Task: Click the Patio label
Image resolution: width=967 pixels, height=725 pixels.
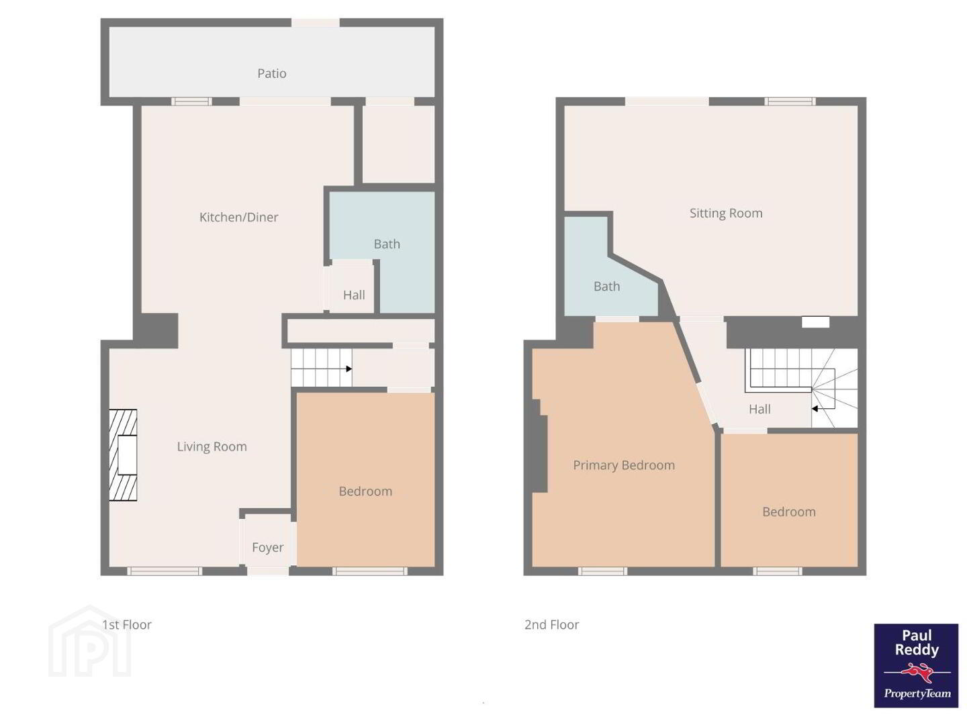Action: [271, 74]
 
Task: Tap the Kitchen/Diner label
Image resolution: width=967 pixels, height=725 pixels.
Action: [238, 217]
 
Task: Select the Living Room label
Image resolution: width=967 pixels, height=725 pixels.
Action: [212, 447]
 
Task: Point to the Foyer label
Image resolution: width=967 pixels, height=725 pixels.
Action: [267, 547]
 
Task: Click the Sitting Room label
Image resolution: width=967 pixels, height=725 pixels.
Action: [725, 213]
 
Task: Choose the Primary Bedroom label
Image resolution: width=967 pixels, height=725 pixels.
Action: [623, 465]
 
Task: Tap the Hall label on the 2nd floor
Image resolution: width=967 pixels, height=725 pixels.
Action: [759, 409]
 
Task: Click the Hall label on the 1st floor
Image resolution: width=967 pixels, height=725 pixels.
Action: [354, 295]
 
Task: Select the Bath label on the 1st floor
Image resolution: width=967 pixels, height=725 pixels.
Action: [387, 244]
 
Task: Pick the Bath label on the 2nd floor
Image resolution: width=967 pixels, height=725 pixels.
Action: [606, 287]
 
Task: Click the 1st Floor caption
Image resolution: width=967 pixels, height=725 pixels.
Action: [126, 624]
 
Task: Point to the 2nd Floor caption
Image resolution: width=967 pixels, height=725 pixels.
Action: [551, 624]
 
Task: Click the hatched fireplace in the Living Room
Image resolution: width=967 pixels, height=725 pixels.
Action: [123, 455]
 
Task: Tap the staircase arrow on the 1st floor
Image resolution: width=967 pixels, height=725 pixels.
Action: [349, 369]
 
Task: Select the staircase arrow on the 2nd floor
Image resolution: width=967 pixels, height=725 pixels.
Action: [815, 409]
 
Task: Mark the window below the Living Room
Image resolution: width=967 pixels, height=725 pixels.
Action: [165, 571]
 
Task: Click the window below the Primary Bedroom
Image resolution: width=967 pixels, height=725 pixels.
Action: [602, 571]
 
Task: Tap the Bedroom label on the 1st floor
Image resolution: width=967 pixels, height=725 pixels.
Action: [365, 491]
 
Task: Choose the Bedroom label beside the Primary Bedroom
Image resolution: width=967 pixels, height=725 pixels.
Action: [788, 512]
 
